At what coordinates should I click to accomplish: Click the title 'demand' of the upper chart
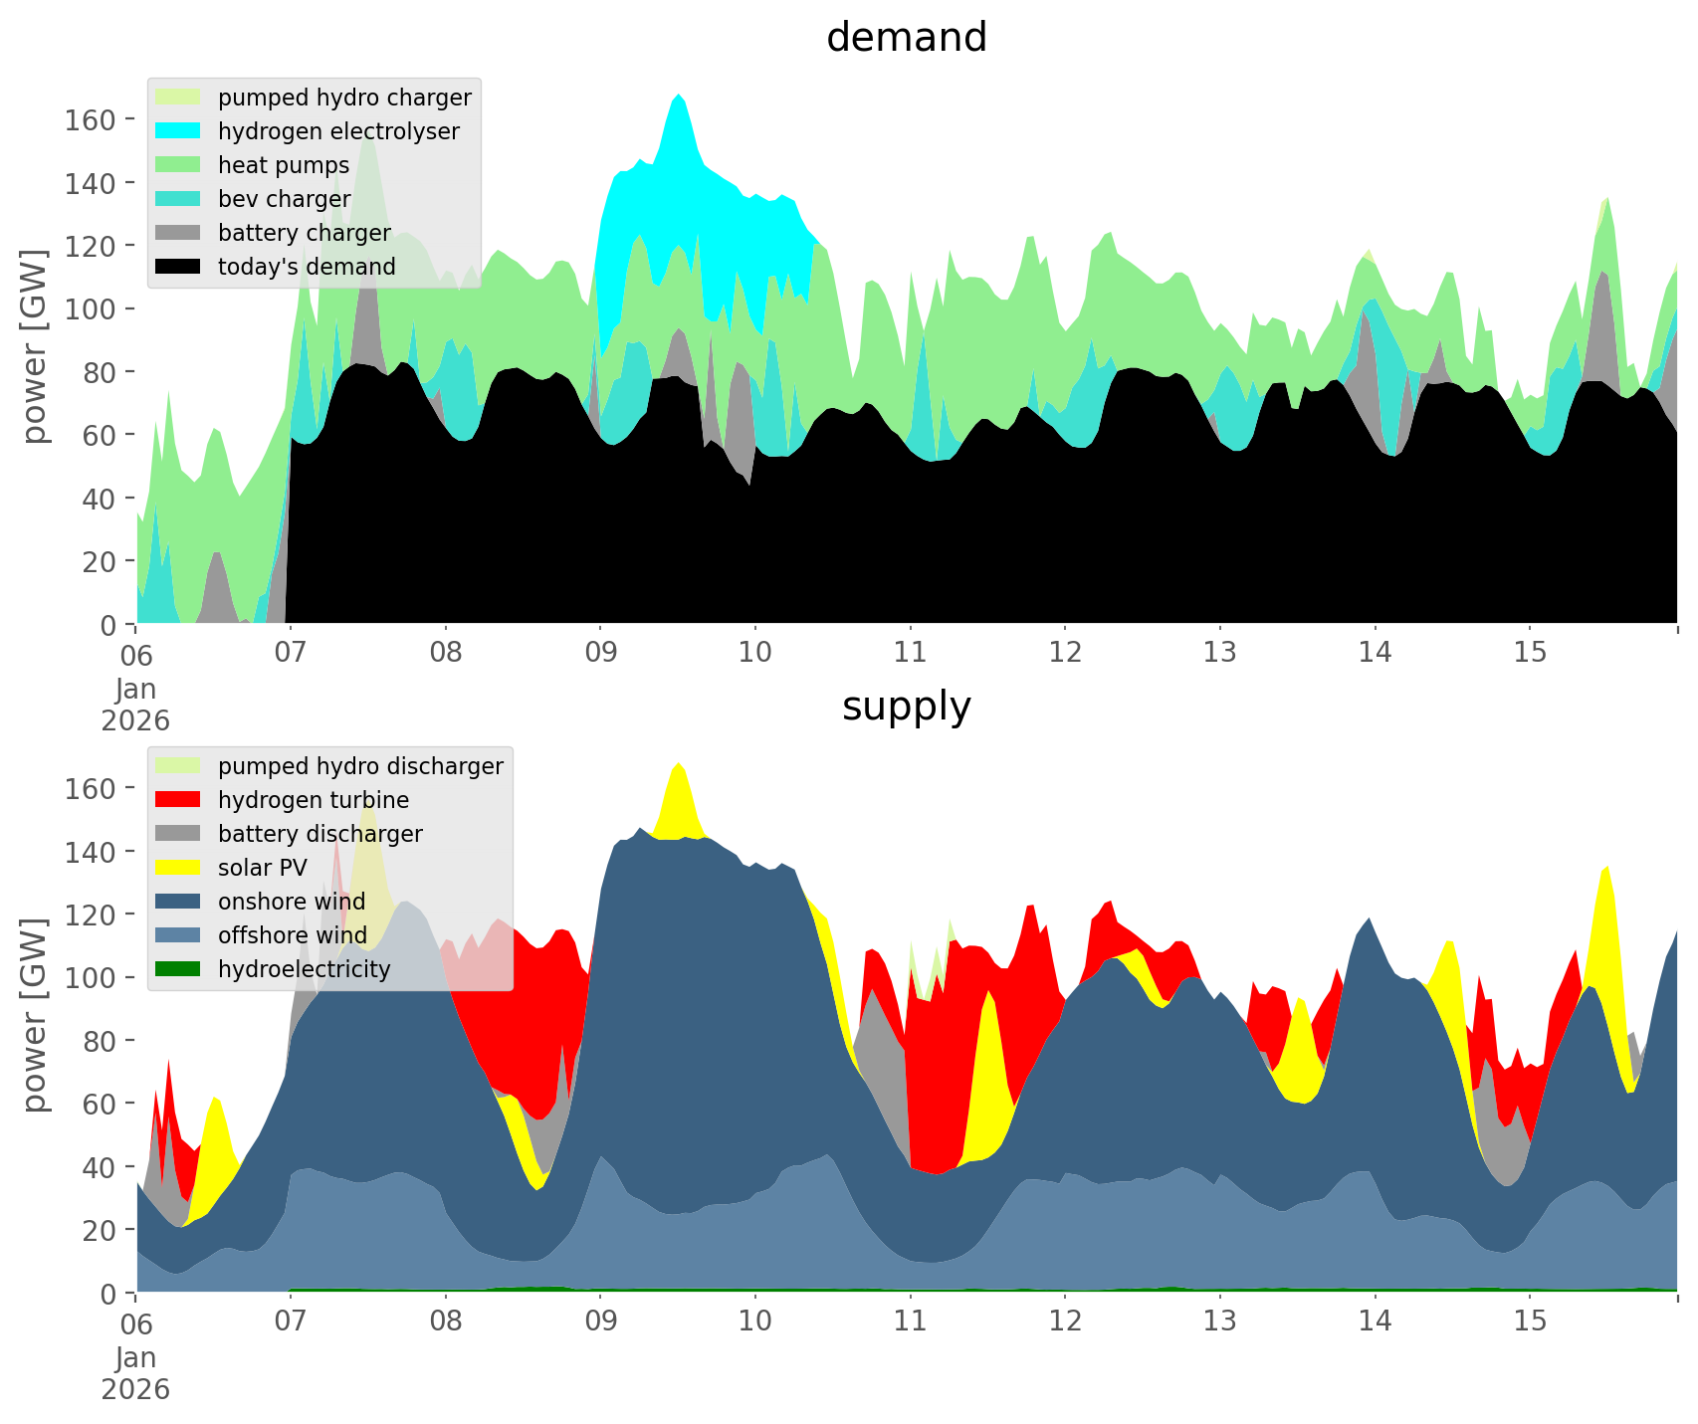pos(906,38)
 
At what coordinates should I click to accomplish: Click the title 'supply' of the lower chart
pos(906,707)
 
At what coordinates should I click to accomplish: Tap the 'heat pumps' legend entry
pos(284,165)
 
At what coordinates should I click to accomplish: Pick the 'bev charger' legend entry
pos(284,199)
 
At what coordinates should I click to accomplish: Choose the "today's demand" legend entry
pos(307,267)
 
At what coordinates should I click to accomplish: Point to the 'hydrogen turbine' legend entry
pos(314,800)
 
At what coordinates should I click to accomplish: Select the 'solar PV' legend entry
pos(263,868)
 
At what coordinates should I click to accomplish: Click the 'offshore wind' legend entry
pos(293,935)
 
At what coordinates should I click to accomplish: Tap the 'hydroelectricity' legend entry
pos(304,969)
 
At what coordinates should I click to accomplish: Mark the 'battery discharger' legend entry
pos(319,834)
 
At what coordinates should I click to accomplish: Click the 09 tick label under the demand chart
pos(600,653)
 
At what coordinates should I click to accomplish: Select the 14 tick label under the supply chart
pos(1375,1322)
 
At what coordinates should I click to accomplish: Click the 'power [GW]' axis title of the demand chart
pos(35,346)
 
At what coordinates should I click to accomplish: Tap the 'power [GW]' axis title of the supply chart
pos(35,1015)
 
